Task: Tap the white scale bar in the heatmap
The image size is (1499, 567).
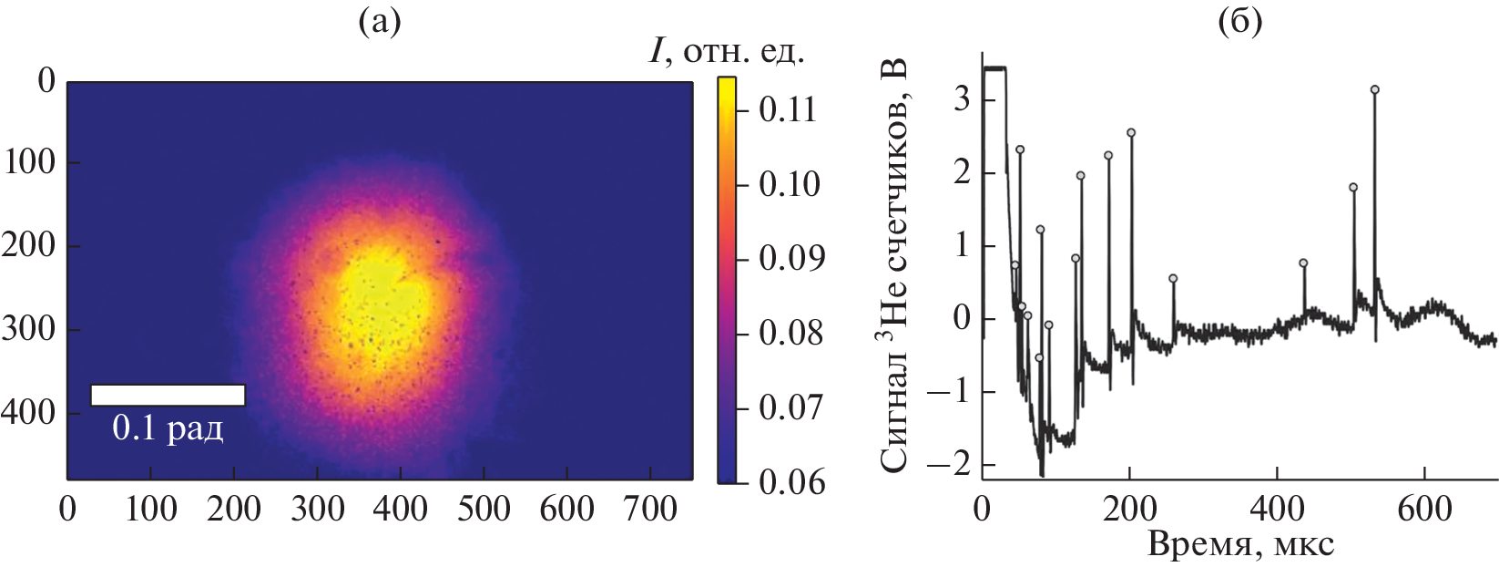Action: [x=168, y=395]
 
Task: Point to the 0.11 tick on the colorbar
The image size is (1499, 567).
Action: [x=788, y=109]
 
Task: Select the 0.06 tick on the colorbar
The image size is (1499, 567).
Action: [x=788, y=481]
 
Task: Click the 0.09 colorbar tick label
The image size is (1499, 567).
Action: [x=788, y=258]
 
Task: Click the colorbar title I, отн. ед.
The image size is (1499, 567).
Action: [x=727, y=51]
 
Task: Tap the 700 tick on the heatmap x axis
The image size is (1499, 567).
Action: [x=650, y=509]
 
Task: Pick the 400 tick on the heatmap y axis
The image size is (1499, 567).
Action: [x=27, y=412]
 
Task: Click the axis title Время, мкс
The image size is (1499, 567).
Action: [x=1240, y=544]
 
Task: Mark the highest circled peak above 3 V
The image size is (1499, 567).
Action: [x=1374, y=89]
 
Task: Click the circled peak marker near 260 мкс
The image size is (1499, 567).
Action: [x=1173, y=278]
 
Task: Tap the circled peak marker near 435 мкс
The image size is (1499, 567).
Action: [x=1303, y=263]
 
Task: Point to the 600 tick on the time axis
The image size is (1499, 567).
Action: [x=1424, y=509]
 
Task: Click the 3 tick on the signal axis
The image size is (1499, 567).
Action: [x=962, y=98]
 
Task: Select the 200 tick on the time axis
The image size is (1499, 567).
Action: [x=1129, y=509]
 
